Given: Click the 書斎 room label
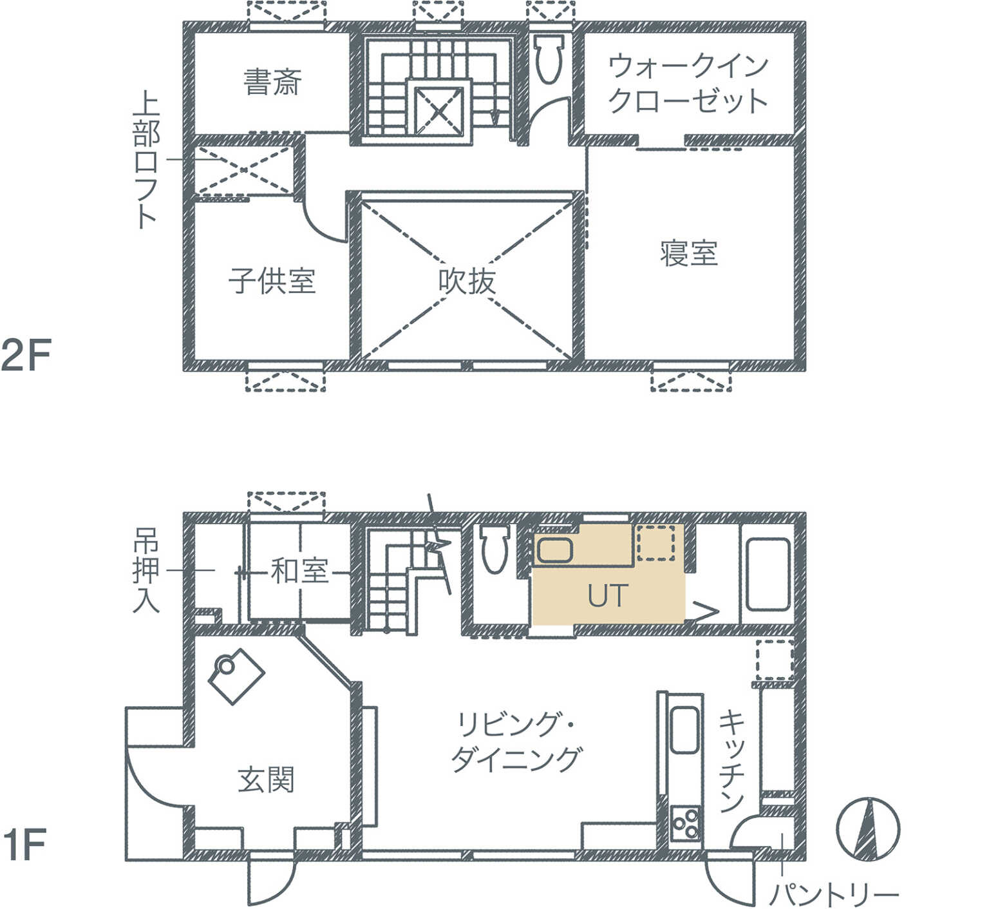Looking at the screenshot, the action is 272,82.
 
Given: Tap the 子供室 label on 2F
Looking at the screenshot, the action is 272,281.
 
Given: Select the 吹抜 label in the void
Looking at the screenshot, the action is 467,282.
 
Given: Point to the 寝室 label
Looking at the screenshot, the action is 688,253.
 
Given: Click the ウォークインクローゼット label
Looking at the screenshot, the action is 688,83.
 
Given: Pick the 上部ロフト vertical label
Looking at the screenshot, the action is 146,161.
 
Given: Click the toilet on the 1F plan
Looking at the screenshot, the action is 495,549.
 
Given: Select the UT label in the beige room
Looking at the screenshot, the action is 607,596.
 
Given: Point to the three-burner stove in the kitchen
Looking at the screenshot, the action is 685,822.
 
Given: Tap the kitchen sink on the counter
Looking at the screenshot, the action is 684,731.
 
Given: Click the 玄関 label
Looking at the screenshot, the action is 266,780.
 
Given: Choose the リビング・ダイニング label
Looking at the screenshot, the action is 516,742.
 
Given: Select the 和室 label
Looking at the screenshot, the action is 299,571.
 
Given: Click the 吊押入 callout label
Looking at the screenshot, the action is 146,571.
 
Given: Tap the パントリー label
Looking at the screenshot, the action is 834,894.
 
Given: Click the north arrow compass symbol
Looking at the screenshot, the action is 867,828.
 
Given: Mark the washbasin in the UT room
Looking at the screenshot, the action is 554,550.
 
